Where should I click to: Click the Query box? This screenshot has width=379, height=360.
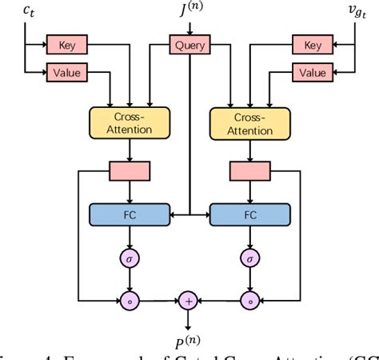click(189, 46)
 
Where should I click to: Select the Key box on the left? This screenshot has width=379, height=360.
click(66, 46)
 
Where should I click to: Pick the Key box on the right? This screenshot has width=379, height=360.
click(313, 46)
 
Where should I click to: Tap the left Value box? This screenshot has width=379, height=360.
click(66, 73)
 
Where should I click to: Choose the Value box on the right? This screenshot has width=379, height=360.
click(313, 73)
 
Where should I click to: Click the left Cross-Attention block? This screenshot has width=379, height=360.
click(129, 121)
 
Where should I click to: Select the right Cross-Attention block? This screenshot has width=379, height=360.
click(250, 121)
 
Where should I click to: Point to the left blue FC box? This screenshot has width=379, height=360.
click(129, 214)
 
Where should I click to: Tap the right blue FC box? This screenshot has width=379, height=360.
click(250, 214)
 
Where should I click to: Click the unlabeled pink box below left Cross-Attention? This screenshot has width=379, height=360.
click(129, 170)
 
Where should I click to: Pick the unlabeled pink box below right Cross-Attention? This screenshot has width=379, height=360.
click(250, 170)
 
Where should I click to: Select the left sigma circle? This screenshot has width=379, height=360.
click(129, 258)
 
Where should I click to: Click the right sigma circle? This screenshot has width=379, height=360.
click(250, 258)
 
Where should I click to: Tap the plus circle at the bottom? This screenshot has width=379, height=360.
click(189, 300)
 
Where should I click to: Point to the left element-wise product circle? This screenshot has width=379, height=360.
click(129, 300)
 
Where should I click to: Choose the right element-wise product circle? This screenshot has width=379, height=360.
click(250, 300)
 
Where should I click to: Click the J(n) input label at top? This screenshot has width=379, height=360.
click(189, 11)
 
